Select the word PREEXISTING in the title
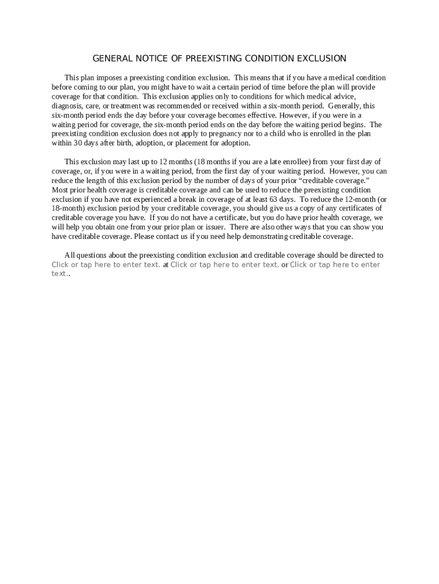210,59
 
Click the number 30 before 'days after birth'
79,143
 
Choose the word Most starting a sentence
60,190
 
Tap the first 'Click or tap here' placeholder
105,265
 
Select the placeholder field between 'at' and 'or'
225,265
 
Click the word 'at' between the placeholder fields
165,265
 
